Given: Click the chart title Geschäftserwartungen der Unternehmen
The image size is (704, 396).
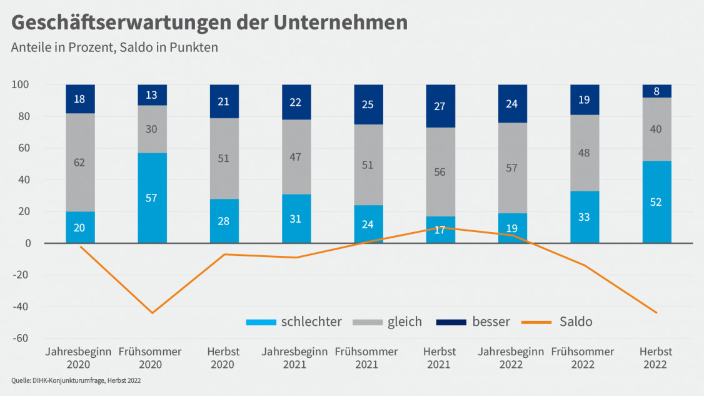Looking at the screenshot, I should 209,22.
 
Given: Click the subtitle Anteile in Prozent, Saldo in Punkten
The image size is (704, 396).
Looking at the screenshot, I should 114,48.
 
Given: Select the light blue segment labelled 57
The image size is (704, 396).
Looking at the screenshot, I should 152,198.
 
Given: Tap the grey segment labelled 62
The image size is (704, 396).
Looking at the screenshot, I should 80,163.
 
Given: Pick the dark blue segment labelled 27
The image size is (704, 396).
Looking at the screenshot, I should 440,106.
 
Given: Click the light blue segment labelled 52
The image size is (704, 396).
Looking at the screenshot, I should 656,202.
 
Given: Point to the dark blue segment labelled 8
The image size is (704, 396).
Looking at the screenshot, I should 656,91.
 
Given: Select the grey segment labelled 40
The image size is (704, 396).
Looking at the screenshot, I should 656,129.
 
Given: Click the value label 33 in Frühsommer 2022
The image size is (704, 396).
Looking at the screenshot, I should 585,218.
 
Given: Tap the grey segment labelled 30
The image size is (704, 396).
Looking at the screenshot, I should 152,129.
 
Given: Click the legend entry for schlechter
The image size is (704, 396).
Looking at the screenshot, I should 294,322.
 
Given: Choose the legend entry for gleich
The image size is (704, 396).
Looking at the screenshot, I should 388,322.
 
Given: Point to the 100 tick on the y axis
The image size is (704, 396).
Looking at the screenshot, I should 30,84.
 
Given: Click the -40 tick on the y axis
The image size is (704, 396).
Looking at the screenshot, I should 29,307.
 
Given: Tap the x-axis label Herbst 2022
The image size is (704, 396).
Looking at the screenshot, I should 656,358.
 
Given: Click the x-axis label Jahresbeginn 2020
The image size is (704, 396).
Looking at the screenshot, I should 79,358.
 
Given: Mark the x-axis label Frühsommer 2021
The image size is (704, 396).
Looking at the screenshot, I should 366,358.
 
